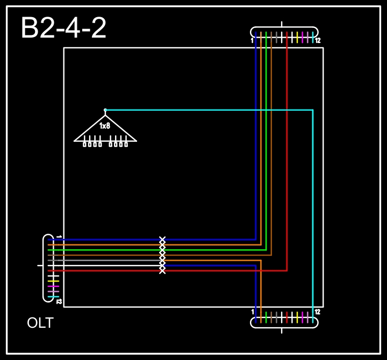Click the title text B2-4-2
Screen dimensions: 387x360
point(63,27)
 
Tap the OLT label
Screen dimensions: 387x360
point(40,323)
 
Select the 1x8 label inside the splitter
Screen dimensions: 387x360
point(105,126)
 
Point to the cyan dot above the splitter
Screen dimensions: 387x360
point(105,110)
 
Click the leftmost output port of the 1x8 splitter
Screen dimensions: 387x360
point(84,145)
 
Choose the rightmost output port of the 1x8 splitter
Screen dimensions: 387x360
point(126,145)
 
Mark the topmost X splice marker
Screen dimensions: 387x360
point(162,239)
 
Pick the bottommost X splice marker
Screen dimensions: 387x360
point(162,271)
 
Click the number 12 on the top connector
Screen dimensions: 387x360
point(318,40)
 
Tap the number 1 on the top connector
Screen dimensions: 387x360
point(252,40)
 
